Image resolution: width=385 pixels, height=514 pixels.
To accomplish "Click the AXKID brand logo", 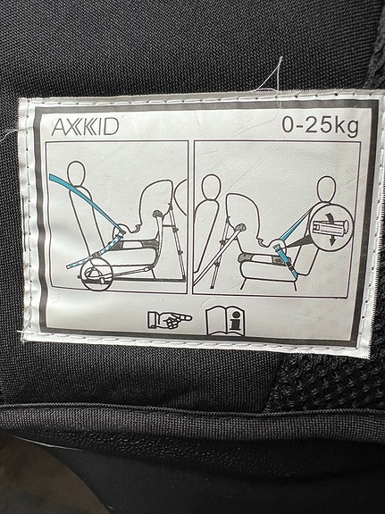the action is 85,127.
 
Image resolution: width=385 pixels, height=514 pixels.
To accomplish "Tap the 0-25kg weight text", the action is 320,127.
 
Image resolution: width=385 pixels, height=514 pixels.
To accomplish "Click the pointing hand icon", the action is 170,320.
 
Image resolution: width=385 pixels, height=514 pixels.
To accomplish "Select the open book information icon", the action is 225,321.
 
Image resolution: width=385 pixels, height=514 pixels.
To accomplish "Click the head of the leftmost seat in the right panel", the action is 212,187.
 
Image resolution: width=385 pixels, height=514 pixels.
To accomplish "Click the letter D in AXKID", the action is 112,127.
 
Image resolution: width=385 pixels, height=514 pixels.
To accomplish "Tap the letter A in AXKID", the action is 59,127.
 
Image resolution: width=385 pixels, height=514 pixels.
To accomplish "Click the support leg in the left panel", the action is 177,241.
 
